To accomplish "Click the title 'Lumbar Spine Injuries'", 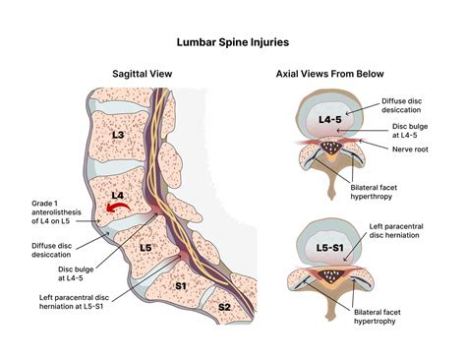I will click(x=232, y=42).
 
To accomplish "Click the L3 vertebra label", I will click(x=119, y=134).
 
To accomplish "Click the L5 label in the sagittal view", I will click(x=146, y=246).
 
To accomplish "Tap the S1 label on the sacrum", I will click(x=180, y=286).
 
